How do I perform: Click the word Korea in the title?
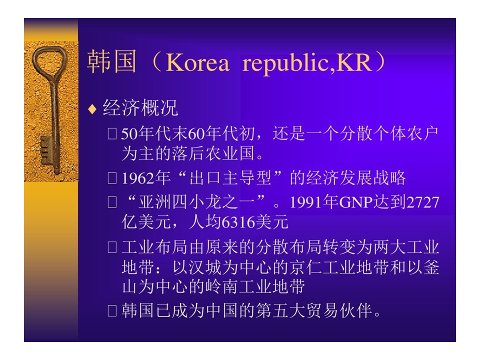197,62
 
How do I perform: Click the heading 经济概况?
140,108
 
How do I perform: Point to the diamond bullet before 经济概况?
92,109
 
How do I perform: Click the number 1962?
138,178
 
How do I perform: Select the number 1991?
306,202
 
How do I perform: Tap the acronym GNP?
355,202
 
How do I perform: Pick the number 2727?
423,202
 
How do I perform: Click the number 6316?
238,222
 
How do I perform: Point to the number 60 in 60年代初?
196,134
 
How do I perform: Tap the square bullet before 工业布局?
112,247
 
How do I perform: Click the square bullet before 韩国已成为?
112,310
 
